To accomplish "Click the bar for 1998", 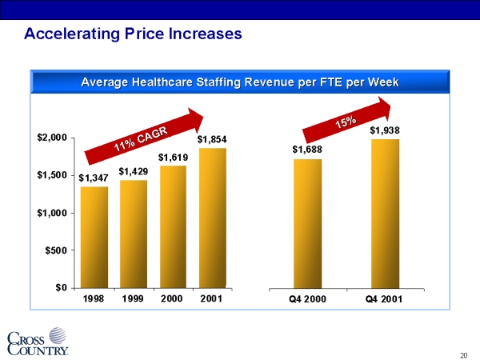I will pos(94,237).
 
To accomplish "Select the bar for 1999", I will pos(133,234).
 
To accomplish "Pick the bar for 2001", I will pos(212,218).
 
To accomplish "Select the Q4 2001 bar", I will pos(385,214).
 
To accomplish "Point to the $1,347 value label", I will pos(94,178).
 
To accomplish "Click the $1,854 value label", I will pos(212,139).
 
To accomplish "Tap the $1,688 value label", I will pos(306,150).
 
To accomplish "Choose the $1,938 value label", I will pos(385,130).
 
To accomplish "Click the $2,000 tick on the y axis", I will pos(51,138).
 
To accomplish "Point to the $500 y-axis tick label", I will pos(56,250).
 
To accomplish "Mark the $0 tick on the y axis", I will pos(60,288).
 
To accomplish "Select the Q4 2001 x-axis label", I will pos(385,299).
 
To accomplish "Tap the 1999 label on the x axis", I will pos(133,299).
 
